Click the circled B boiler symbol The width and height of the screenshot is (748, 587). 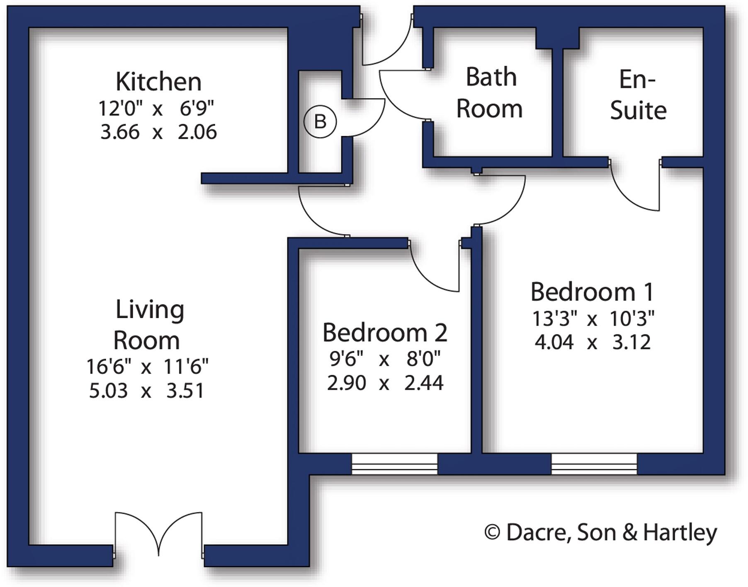click(320, 122)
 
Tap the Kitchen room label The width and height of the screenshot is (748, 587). click(158, 82)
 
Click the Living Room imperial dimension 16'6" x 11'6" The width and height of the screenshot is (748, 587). click(147, 366)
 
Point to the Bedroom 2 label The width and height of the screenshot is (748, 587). click(385, 333)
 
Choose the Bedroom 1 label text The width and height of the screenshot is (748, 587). click(592, 292)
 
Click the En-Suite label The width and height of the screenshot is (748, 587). click(638, 95)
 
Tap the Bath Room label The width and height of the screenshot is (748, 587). click(490, 93)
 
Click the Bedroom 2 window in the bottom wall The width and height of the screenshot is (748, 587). click(394, 464)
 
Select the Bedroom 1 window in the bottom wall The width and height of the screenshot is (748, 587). click(594, 464)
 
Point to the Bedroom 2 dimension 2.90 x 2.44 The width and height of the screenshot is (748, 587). click(385, 383)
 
